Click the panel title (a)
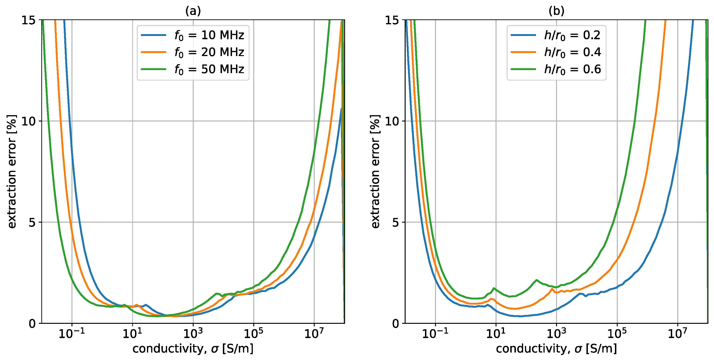pos(193,11)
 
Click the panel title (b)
pos(556,11)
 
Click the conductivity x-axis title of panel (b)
pos(556,349)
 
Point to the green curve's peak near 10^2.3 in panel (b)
pos(537,280)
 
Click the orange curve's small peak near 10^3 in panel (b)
pos(552,289)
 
